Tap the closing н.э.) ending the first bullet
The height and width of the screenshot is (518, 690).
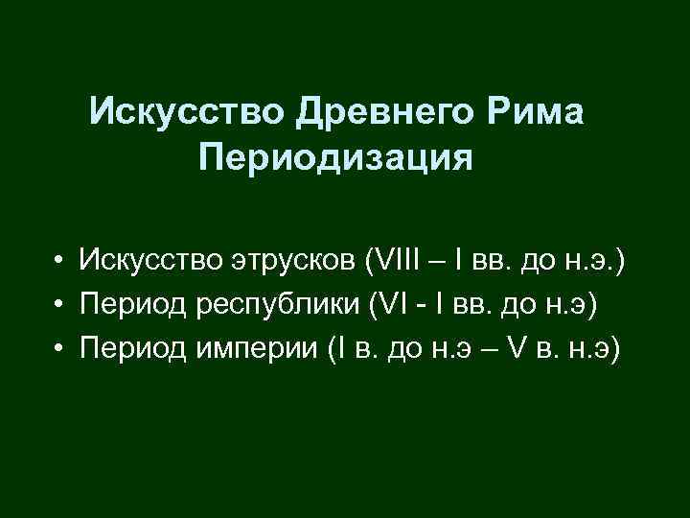596,260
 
